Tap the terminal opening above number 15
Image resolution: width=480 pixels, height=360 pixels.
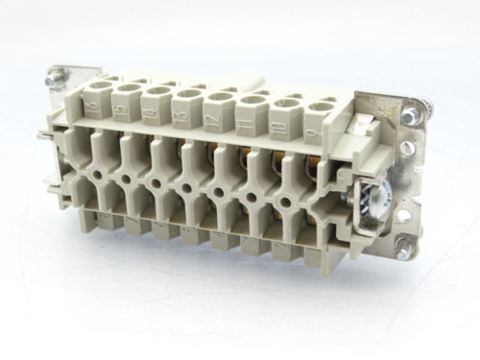pyautogui.click(x=126, y=89)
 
